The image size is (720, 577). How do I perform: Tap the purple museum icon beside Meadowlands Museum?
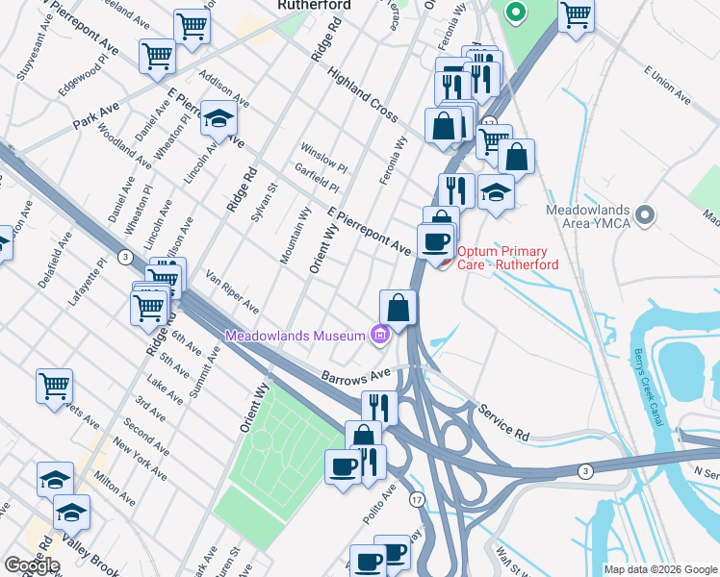click(x=380, y=335)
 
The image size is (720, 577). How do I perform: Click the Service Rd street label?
click(x=502, y=421)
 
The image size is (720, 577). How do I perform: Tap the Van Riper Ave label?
click(x=232, y=291)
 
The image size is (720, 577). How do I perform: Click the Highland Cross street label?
click(x=362, y=94)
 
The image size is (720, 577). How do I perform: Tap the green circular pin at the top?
click(x=515, y=13)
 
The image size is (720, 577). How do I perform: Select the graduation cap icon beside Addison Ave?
click(x=219, y=119)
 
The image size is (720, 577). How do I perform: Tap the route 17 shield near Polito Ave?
click(x=417, y=499)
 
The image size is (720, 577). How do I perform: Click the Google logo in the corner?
click(x=32, y=565)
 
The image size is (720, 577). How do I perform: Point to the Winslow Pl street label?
click(x=323, y=156)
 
